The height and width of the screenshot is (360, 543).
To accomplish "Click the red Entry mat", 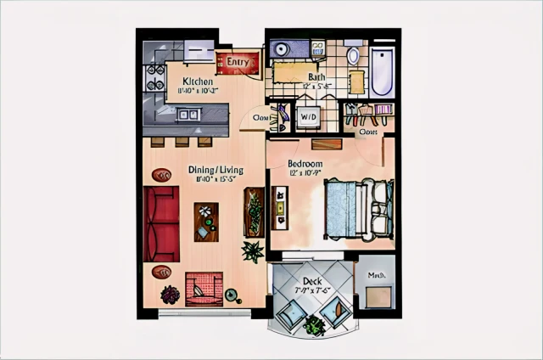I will tap(236, 63).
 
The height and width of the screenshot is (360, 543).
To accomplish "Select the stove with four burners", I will tap(155, 77).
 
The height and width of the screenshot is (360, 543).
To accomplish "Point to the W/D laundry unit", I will tap(307, 116).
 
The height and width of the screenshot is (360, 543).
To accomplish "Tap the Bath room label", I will tap(306, 77).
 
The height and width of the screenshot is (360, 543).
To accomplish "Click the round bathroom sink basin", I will tap(280, 49).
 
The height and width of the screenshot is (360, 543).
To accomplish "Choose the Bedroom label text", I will tap(305, 163).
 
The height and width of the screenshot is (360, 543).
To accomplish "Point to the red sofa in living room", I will tap(161, 224).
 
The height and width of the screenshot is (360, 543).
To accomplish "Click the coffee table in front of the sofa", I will tap(206, 222).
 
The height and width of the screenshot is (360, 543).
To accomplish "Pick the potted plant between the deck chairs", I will tap(315, 323).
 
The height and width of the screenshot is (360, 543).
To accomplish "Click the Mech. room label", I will tap(376, 275).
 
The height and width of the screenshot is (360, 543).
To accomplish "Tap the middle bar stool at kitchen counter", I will tap(182, 142).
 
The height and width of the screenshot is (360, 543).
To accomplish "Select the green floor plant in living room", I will tap(252, 251).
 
